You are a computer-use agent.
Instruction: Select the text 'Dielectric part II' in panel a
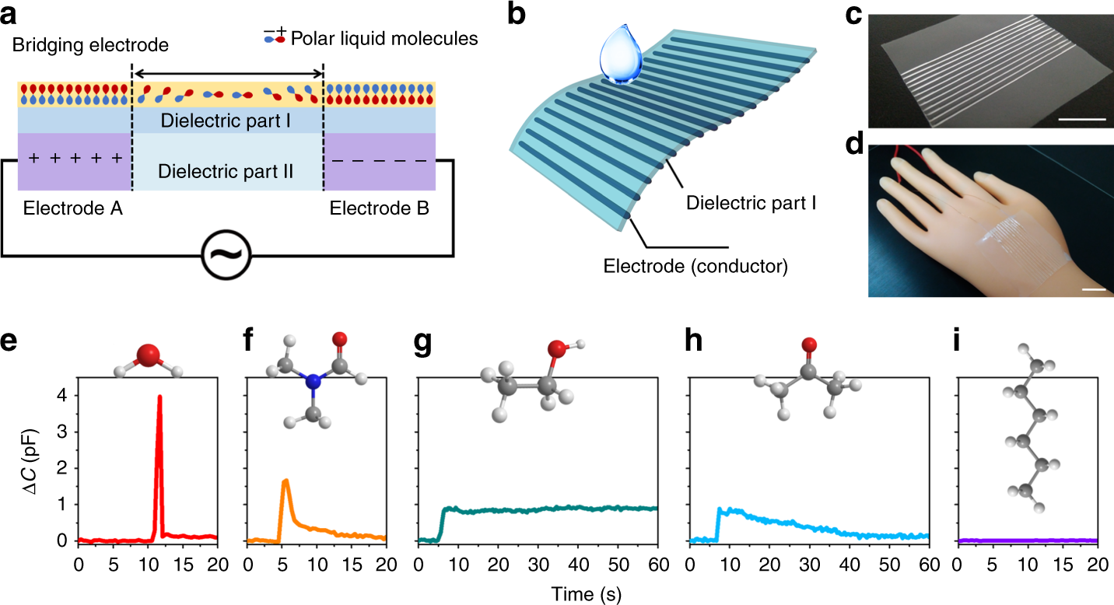[226, 170]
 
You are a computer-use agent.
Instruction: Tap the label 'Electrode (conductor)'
[696, 267]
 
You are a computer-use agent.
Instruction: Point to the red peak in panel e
[159, 397]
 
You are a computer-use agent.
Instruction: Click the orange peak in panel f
[286, 481]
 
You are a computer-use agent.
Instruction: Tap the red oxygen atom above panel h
[809, 345]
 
